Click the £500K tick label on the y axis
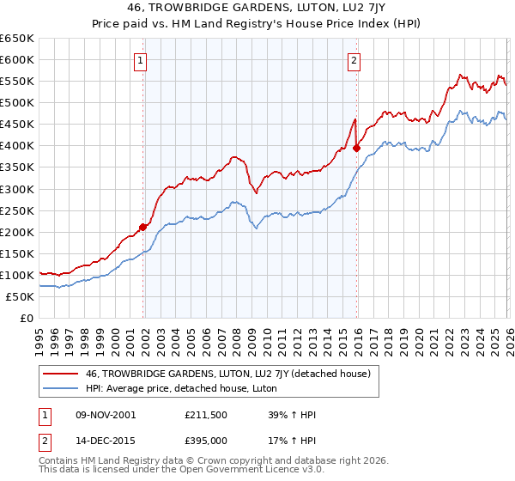17,103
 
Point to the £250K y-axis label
17,210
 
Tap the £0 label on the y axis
27,319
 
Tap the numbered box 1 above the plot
140,60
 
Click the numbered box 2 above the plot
354,60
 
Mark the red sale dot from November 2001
143,227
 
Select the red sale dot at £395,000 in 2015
356,148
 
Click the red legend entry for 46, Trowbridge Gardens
227,374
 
